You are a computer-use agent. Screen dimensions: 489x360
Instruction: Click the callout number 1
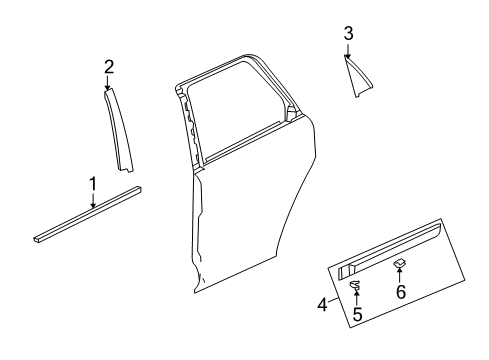(x=93, y=184)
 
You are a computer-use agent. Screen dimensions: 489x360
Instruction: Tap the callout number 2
(x=109, y=67)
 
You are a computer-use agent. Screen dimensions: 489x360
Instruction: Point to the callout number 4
(x=322, y=304)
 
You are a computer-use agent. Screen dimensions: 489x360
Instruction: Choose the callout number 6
(x=401, y=320)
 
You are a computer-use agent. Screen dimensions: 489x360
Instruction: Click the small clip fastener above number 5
(x=355, y=289)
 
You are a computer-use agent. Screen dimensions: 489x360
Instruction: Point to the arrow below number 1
(x=93, y=200)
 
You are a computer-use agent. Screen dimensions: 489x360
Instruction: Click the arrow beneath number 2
(x=109, y=83)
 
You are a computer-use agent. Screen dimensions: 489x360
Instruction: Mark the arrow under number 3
(x=348, y=51)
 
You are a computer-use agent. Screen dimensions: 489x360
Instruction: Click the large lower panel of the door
(x=250, y=230)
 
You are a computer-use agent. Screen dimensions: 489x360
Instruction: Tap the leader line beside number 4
(x=330, y=297)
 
